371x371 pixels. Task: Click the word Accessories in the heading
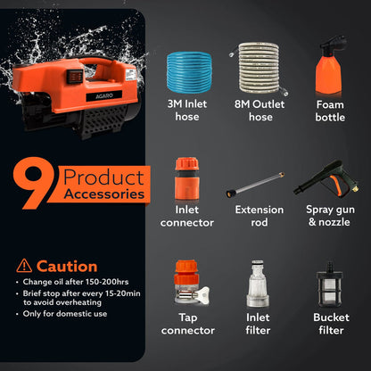pos(99,193)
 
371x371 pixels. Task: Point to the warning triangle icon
pos(24,265)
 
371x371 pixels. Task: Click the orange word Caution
pos(67,266)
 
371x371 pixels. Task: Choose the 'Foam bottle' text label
pos(328,109)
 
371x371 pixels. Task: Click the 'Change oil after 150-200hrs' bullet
pos(77,283)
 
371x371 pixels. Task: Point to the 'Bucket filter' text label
pos(328,323)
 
